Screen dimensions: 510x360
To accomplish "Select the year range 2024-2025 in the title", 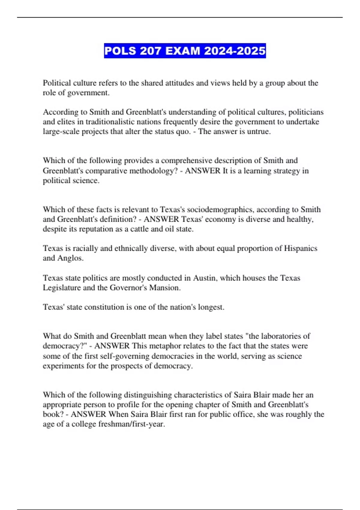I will pyautogui.click(x=235, y=51).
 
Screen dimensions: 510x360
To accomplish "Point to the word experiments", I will pyautogui.click(x=63, y=366).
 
